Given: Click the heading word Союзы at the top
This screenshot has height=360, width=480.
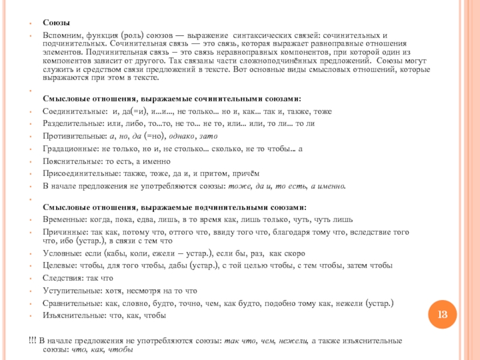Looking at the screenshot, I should pyautogui.click(x=55, y=22).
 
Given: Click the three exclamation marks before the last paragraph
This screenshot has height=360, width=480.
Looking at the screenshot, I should pyautogui.click(x=32, y=341).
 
